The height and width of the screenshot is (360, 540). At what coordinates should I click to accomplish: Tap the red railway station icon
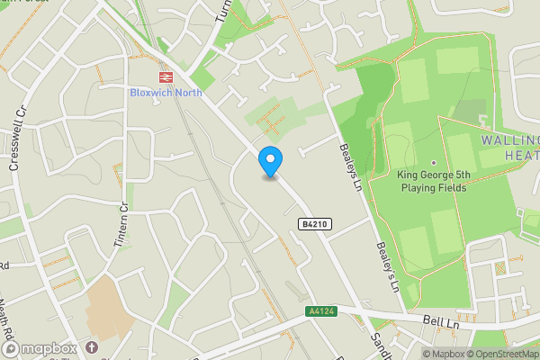pos(165,77)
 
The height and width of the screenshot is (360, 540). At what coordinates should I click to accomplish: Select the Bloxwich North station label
pos(164,93)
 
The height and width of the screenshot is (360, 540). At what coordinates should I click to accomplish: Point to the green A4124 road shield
pos(320,311)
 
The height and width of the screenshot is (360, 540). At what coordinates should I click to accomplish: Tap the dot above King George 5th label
pos(433,163)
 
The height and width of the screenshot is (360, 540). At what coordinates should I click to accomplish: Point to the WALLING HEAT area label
pos(510,148)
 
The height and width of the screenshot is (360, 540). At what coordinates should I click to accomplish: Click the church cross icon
pos(92,347)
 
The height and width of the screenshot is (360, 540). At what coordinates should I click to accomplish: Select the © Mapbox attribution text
pos(445,354)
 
